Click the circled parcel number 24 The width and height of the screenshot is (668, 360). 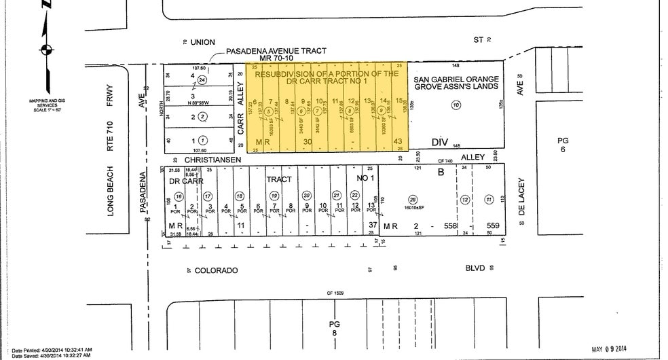point(202,80)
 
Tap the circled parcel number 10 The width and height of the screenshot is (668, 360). point(456,105)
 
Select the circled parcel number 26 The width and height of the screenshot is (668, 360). point(411,199)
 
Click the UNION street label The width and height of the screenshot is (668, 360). point(202,42)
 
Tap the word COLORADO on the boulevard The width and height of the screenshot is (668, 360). point(216,270)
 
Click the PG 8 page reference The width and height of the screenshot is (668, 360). point(333,329)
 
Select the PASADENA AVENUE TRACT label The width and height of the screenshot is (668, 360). point(276,52)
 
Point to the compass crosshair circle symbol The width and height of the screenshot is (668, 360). point(46,48)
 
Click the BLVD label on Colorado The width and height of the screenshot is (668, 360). point(475,268)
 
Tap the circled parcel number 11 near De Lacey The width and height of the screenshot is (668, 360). point(489,199)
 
